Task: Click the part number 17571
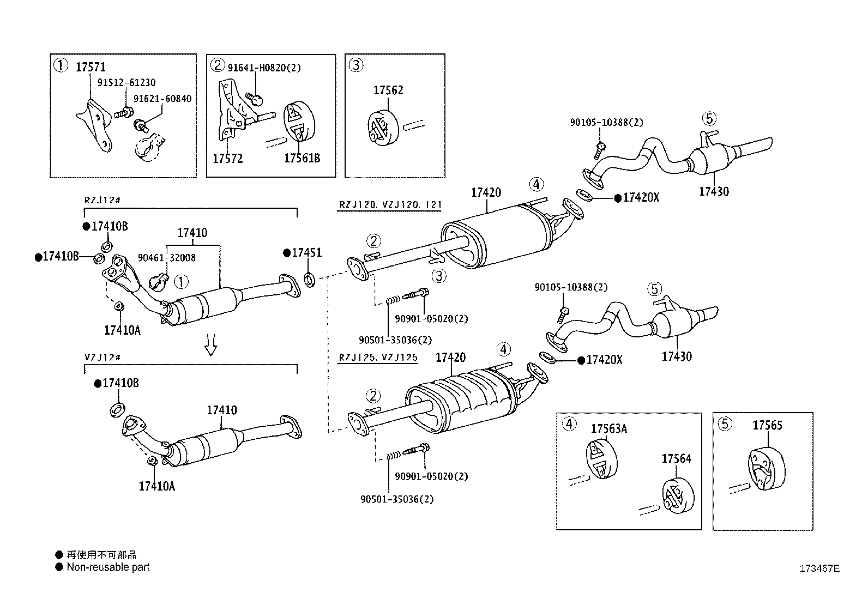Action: (x=91, y=67)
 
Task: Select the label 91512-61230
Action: (x=126, y=83)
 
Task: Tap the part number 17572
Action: (x=227, y=159)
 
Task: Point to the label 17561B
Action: (x=302, y=159)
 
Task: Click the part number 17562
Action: (x=388, y=90)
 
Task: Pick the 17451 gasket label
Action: (x=306, y=253)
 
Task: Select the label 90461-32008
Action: (x=166, y=257)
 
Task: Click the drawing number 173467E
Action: (x=819, y=568)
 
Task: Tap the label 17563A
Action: (x=609, y=429)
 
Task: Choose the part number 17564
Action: (x=677, y=459)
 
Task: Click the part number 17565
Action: (x=768, y=426)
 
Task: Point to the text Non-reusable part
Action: (x=108, y=567)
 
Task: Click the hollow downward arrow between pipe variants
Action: (x=210, y=344)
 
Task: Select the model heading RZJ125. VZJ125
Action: (x=378, y=358)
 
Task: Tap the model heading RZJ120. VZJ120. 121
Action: (x=390, y=205)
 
